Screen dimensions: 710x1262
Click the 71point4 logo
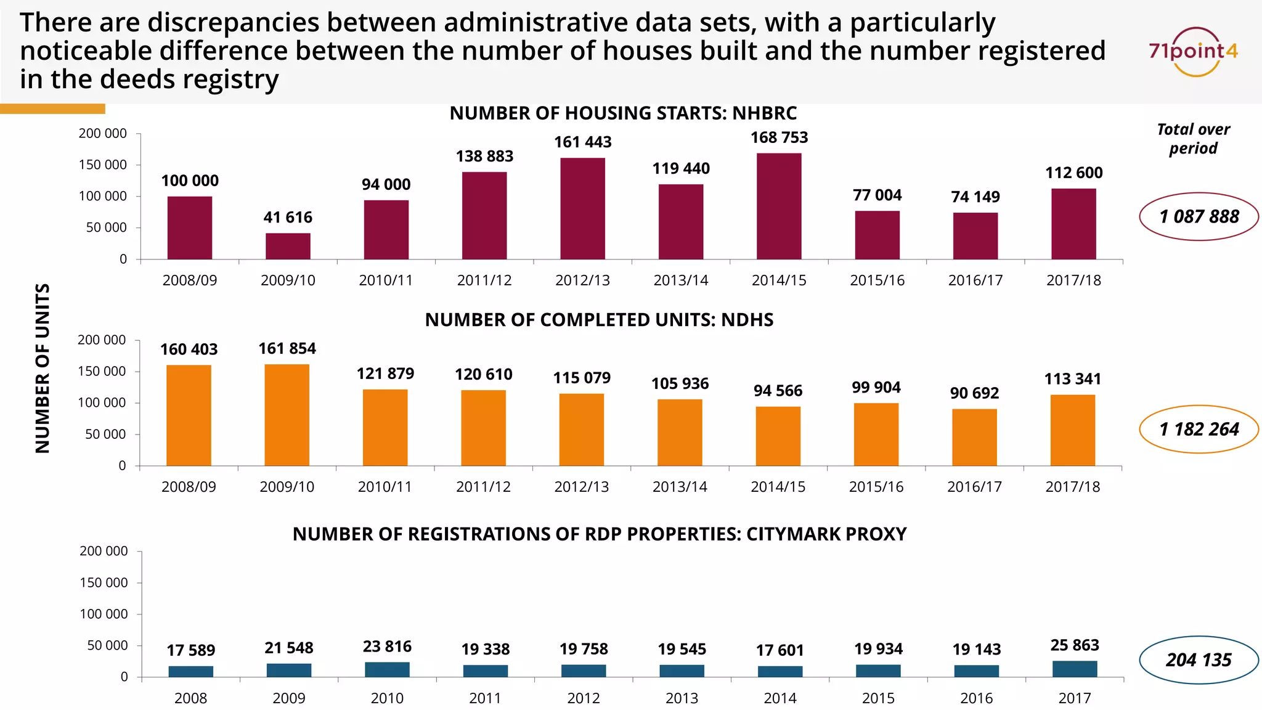click(1194, 51)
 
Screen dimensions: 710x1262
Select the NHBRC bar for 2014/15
click(779, 206)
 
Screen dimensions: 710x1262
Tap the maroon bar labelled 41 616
click(288, 246)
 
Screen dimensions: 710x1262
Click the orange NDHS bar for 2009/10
click(287, 415)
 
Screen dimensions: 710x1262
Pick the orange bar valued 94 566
click(778, 436)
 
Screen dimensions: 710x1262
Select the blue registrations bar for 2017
click(1075, 669)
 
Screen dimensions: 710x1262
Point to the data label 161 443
click(582, 142)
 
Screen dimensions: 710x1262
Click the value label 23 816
click(387, 647)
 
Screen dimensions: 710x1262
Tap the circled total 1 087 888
click(1199, 216)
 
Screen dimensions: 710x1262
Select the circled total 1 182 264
click(1199, 429)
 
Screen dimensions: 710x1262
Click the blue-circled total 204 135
click(1199, 660)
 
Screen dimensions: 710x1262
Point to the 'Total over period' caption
click(1193, 139)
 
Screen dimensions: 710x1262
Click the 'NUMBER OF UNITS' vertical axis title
click(43, 368)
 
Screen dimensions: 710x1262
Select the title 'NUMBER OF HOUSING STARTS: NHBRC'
click(623, 113)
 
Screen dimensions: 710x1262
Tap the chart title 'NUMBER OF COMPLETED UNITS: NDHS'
click(599, 320)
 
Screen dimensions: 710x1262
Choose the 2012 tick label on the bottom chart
click(583, 698)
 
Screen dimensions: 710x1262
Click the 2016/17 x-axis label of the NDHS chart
click(974, 487)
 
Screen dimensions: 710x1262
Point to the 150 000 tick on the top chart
click(102, 165)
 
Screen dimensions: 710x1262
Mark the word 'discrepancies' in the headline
click(234, 23)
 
